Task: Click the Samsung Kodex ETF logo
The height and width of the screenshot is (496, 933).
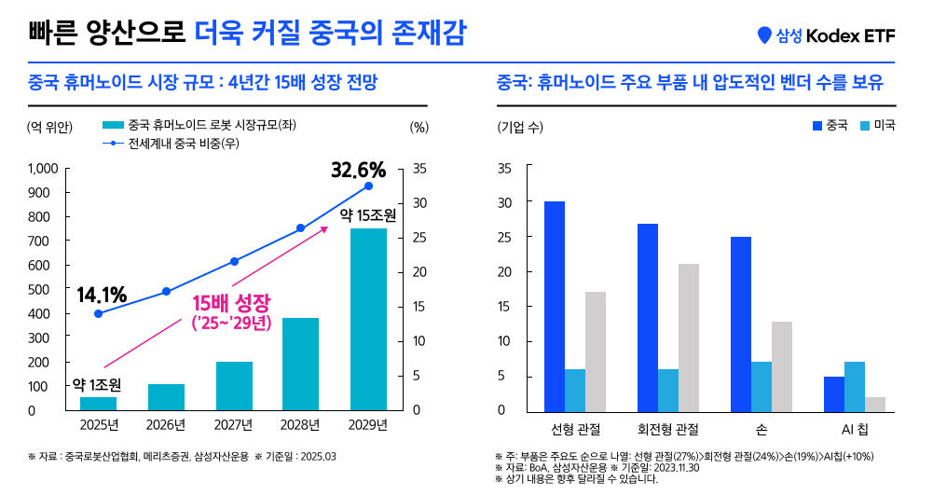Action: coord(826,35)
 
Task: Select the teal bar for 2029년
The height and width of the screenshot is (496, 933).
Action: coord(368,319)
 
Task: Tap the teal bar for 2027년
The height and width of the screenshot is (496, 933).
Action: coord(234,386)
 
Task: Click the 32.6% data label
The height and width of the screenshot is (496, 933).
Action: coord(358,171)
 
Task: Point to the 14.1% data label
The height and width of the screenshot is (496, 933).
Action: coord(102,295)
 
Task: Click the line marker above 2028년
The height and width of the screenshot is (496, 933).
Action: coord(301,227)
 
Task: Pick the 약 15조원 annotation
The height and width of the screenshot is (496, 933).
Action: coord(368,214)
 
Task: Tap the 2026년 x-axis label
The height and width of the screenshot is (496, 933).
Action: coord(167,426)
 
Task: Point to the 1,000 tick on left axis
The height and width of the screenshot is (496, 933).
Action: coord(43,169)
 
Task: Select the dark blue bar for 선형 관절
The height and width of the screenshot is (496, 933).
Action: coord(555,306)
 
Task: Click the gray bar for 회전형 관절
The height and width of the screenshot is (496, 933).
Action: coord(689,337)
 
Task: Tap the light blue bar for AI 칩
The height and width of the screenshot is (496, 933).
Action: coord(854,386)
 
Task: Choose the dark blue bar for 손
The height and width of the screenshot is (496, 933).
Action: coord(741,324)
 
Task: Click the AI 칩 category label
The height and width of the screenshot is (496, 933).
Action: coord(855,429)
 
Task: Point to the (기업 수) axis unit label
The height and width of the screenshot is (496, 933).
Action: coord(520,128)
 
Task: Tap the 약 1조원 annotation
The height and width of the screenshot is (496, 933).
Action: coord(97,383)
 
